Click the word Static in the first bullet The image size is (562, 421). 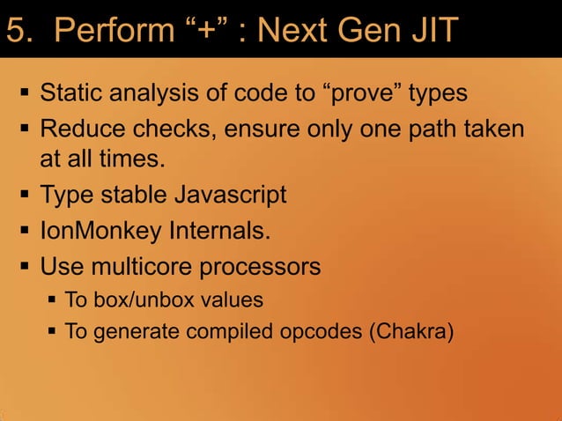tap(72, 92)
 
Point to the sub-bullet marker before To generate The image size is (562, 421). tap(52, 333)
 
